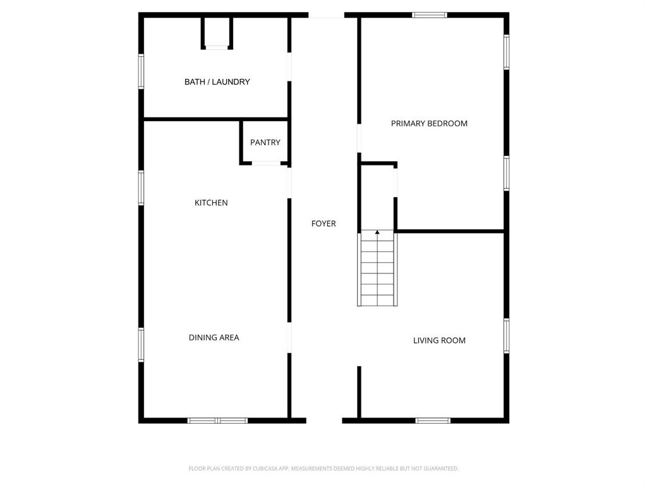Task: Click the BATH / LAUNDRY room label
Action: [217, 82]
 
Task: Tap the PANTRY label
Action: [265, 143]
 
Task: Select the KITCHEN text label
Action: [211, 203]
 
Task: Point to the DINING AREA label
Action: [214, 338]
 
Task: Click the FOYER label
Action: [323, 224]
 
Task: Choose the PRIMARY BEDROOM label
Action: [429, 124]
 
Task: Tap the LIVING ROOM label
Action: [439, 341]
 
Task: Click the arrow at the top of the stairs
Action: [377, 233]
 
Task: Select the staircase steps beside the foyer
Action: [377, 272]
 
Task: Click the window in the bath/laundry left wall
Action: [142, 71]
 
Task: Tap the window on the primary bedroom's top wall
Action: [430, 15]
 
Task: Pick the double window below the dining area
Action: [217, 420]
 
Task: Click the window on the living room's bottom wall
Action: [433, 420]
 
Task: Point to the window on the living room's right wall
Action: [506, 335]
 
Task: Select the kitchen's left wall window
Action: [142, 188]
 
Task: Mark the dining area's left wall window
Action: [142, 344]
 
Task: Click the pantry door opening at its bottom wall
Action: [266, 164]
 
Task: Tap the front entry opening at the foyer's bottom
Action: [324, 420]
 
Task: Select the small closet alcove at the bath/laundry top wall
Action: [217, 33]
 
